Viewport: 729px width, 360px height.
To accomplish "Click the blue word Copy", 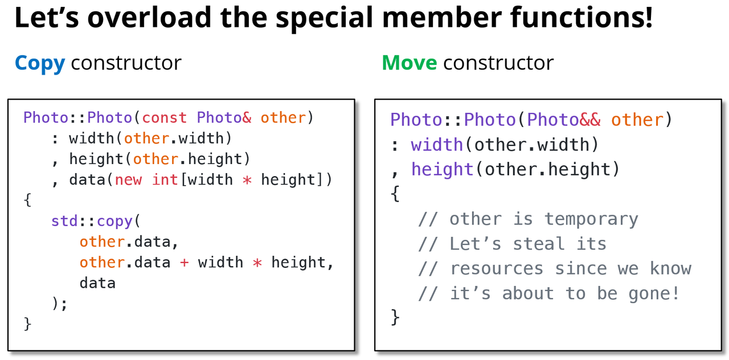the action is click(x=40, y=63).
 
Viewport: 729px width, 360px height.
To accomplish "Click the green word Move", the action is click(x=409, y=63).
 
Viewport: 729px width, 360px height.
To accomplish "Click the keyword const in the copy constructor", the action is click(x=165, y=118).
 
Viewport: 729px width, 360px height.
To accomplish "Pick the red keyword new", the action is click(x=129, y=180).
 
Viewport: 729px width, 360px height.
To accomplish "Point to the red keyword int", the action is click(x=165, y=180).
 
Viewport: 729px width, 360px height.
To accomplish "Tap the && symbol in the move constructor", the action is click(x=591, y=120).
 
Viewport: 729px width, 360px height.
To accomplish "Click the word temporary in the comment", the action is click(x=591, y=219).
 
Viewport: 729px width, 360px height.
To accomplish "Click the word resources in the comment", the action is click(x=497, y=268).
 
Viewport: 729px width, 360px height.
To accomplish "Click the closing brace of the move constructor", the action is click(x=395, y=317).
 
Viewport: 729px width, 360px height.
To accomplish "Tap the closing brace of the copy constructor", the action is click(x=27, y=324).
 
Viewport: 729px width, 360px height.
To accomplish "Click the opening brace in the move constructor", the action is click(x=395, y=194).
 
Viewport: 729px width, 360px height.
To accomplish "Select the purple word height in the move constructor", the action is click(x=442, y=170).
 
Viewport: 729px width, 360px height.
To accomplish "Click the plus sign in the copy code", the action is click(x=184, y=263).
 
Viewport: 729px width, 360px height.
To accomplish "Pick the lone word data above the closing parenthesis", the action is click(x=97, y=283).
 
